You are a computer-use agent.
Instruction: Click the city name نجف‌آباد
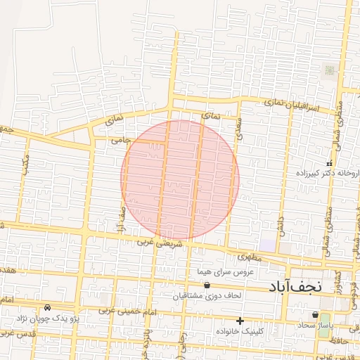(x=295, y=286)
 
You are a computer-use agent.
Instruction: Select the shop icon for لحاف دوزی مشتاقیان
(x=207, y=285)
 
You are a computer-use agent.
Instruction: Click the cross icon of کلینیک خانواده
(x=240, y=321)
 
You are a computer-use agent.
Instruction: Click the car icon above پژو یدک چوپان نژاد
(x=47, y=308)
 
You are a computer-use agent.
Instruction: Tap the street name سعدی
(x=240, y=130)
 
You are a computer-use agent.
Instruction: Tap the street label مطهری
(x=256, y=257)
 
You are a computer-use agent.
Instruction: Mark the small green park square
(x=329, y=70)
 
